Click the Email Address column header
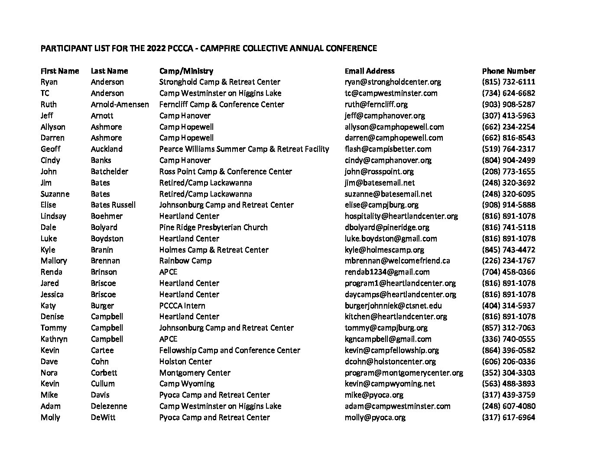pos(370,71)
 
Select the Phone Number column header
pos(509,71)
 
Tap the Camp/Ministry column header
pos(186,71)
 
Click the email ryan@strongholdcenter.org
pos(393,82)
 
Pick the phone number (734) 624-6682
pos(509,93)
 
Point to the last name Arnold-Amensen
pos(120,104)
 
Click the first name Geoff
pos(51,149)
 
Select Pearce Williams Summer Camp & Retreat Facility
pos(244,149)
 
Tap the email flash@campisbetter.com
pos(388,149)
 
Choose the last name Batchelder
pos(109,171)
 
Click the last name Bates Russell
pos(113,205)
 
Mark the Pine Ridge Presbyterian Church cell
pos(213,227)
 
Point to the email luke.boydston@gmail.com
pos(391,239)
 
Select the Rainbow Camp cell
pos(185,261)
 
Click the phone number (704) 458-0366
pos(509,272)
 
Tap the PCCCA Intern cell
pos(182,306)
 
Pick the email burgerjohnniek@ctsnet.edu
pos(393,306)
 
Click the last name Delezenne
pos(109,406)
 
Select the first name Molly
pos(50,417)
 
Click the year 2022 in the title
pos(156,48)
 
